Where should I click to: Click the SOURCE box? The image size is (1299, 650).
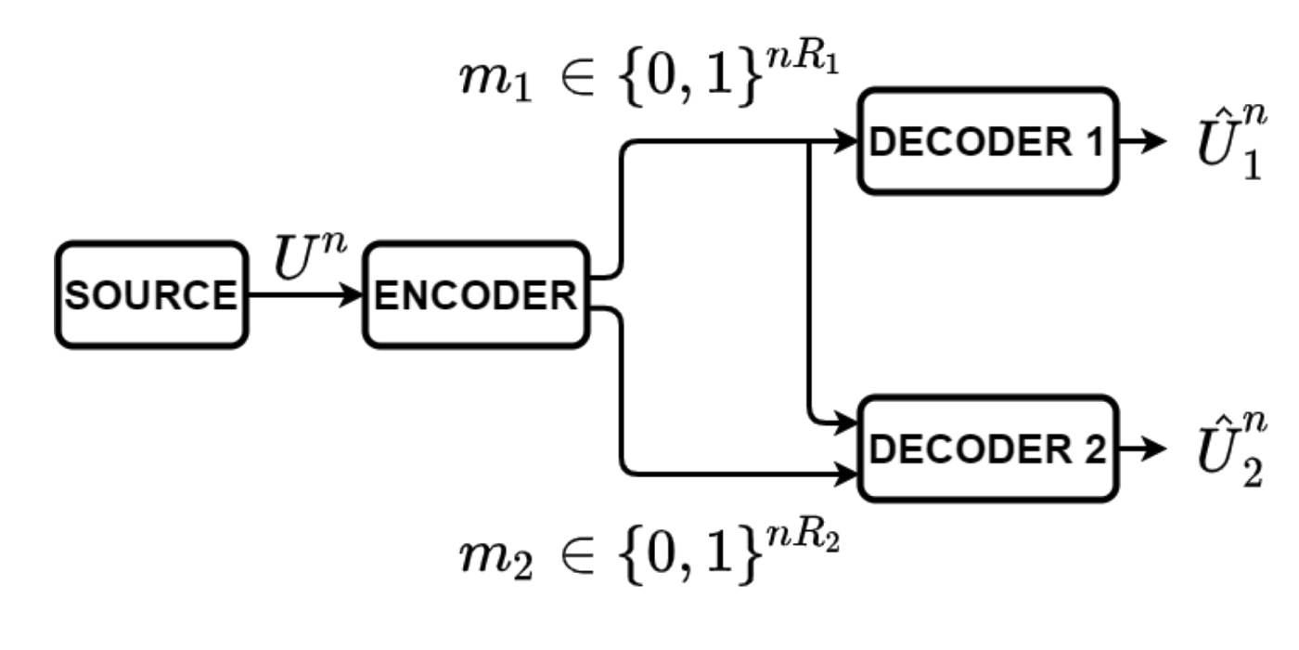[152, 295]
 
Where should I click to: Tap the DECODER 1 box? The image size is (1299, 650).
[989, 141]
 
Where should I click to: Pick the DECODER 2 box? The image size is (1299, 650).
[989, 448]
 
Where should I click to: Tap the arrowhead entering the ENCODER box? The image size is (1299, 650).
[354, 295]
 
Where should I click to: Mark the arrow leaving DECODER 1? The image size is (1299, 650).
[1141, 142]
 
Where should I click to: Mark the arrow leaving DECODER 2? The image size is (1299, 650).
[1141, 449]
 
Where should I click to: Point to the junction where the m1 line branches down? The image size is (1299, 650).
[812, 142]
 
